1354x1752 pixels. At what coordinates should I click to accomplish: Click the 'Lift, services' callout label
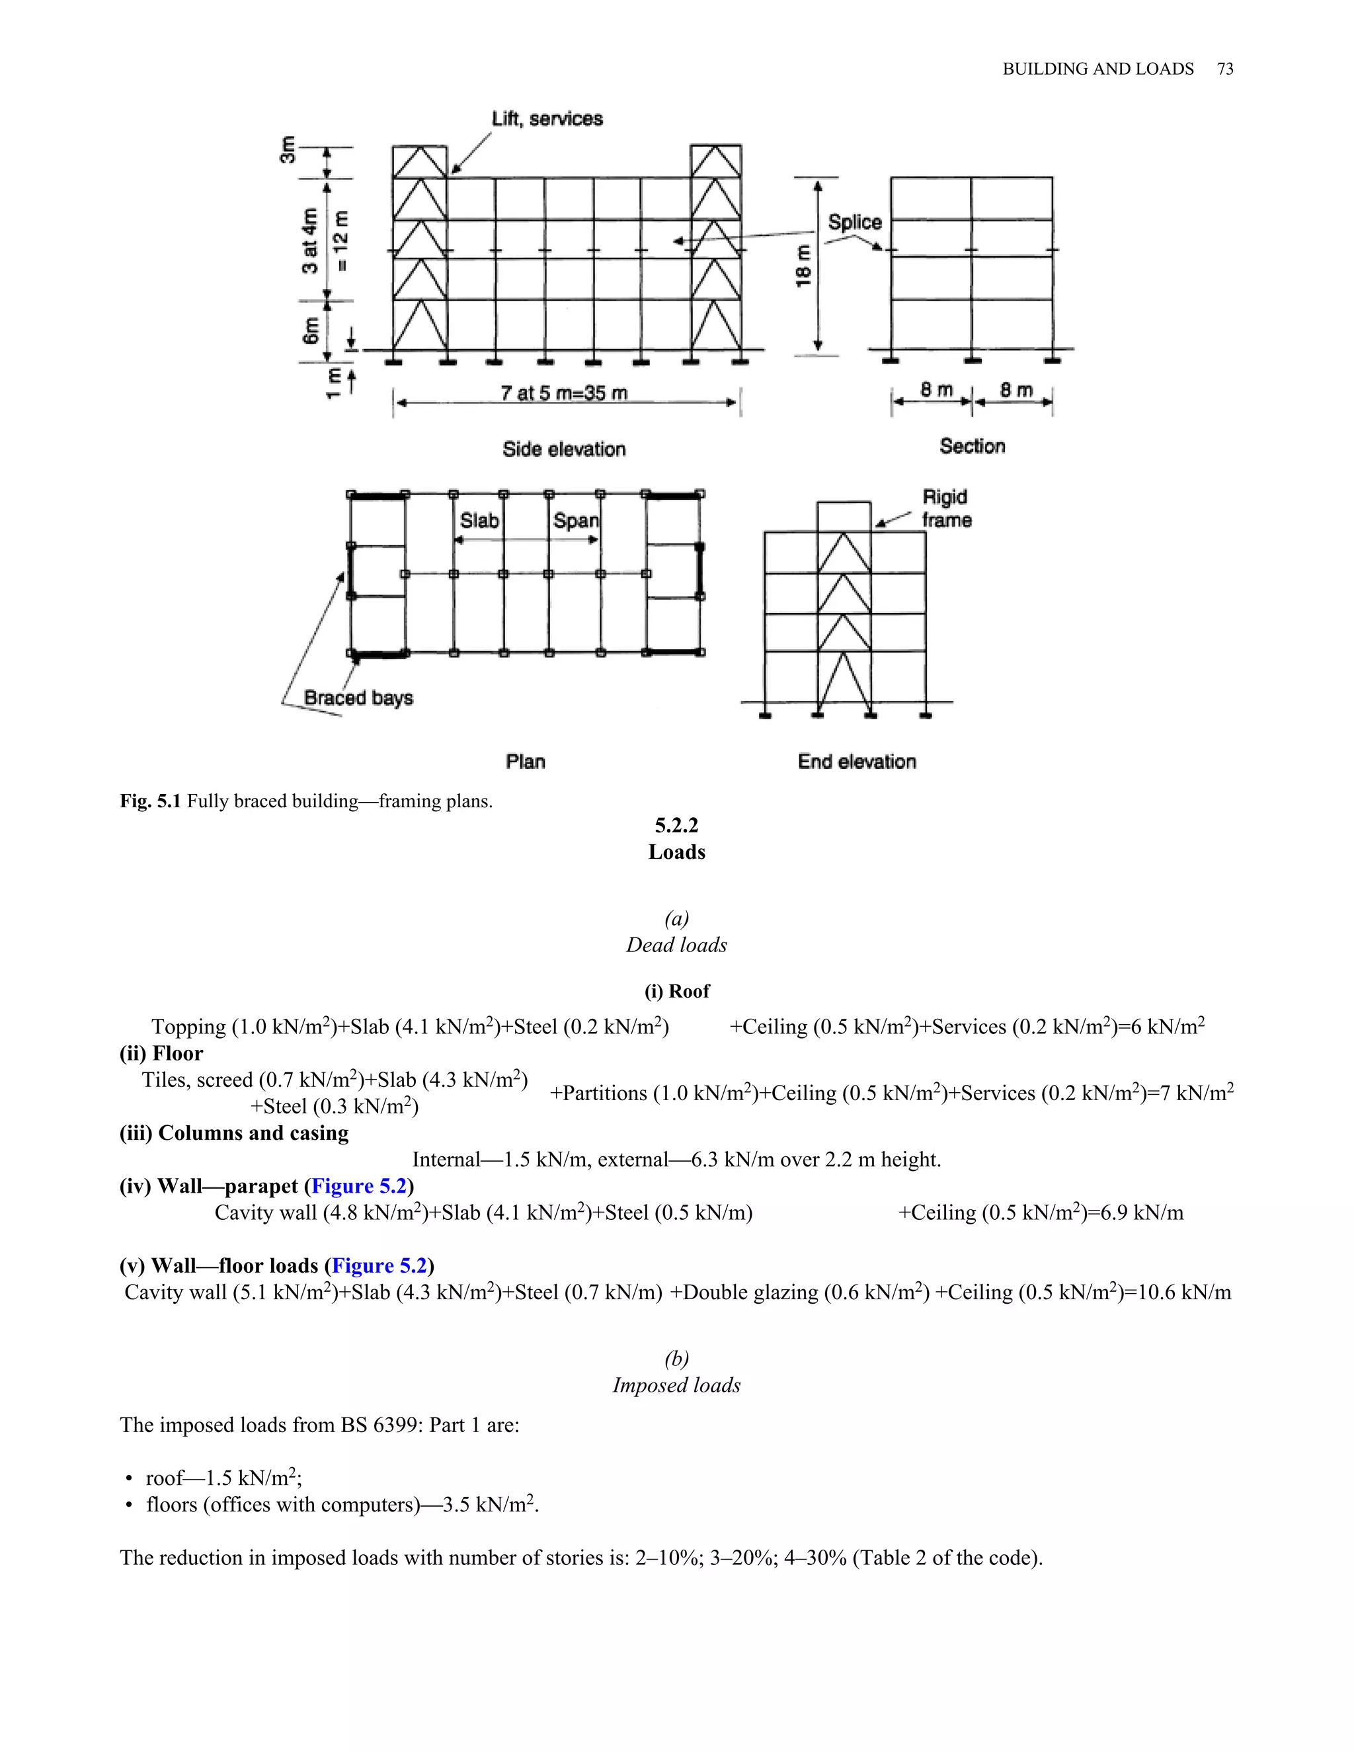(x=547, y=119)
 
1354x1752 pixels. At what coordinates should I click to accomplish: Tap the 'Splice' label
(x=854, y=222)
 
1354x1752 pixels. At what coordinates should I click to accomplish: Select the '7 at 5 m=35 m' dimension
(x=564, y=393)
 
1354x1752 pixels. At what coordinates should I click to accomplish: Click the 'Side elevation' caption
(x=564, y=449)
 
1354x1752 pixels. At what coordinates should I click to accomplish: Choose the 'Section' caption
(x=972, y=446)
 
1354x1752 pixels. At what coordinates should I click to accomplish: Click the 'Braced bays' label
(x=358, y=698)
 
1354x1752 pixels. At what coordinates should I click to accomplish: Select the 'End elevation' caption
(x=857, y=761)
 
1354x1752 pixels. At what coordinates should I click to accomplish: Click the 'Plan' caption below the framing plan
(x=526, y=761)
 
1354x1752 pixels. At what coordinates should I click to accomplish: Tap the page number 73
(x=1225, y=69)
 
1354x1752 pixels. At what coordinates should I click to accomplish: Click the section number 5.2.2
(x=676, y=826)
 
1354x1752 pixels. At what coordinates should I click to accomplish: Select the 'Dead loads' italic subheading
(x=676, y=945)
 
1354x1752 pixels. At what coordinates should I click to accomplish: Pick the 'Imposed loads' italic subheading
(x=676, y=1385)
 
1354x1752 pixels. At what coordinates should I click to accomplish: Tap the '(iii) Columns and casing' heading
(x=234, y=1133)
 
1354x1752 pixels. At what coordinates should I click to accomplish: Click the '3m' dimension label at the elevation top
(x=287, y=149)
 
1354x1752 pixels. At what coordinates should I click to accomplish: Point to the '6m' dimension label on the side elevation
(x=311, y=330)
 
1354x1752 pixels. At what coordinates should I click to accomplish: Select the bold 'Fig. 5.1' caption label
(x=151, y=801)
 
